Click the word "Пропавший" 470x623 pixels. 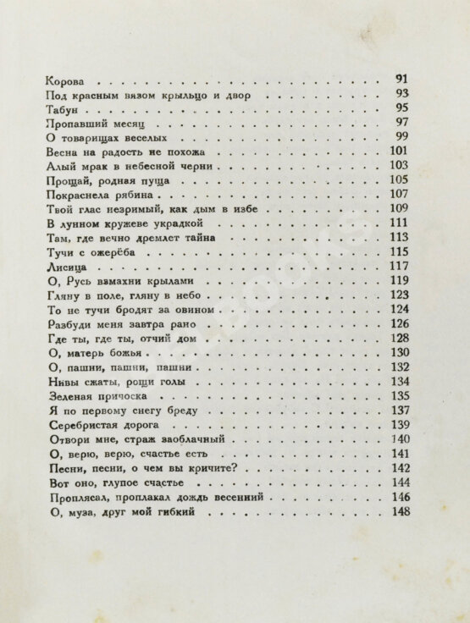click(74, 124)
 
